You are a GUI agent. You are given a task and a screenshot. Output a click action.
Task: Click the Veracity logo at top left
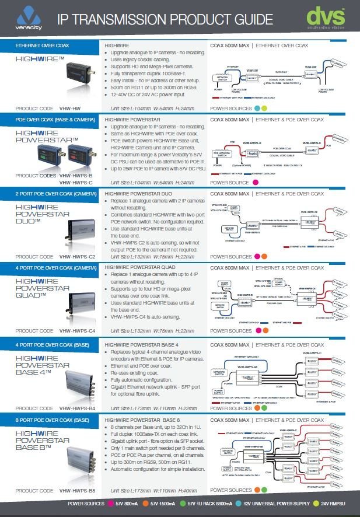(29, 19)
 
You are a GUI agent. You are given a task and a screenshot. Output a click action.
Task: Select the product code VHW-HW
(71, 109)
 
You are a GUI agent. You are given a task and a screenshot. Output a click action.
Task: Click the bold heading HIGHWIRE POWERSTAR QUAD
(139, 267)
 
